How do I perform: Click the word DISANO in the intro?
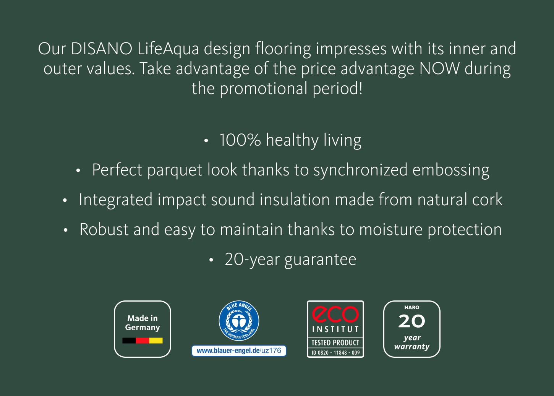pyautogui.click(x=102, y=49)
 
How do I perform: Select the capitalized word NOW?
pyautogui.click(x=439, y=68)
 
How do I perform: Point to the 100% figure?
pyautogui.click(x=240, y=140)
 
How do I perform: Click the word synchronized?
pyautogui.click(x=360, y=170)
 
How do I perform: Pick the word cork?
pyautogui.click(x=487, y=200)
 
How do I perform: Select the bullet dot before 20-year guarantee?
pyautogui.click(x=211, y=260)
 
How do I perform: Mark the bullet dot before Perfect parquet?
pyautogui.click(x=78, y=170)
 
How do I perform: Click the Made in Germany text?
pyautogui.click(x=143, y=323)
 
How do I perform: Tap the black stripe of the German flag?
pyautogui.click(x=129, y=341)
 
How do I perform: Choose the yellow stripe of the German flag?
pyautogui.click(x=156, y=341)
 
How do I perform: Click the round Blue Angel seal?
pyautogui.click(x=239, y=321)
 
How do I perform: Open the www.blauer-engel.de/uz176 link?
pyautogui.click(x=239, y=351)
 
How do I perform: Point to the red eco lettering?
pyautogui.click(x=335, y=314)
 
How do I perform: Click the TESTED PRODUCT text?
pyautogui.click(x=335, y=343)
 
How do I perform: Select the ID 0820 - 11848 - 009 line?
pyautogui.click(x=335, y=353)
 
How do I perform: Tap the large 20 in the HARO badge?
pyautogui.click(x=412, y=321)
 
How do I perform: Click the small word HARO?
pyautogui.click(x=412, y=307)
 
